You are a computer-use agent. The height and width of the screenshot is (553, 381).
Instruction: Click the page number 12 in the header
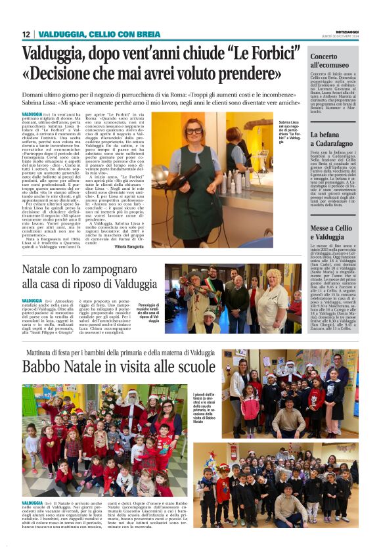coord(26,34)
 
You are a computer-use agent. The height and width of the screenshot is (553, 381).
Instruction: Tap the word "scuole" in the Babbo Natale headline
coord(185,366)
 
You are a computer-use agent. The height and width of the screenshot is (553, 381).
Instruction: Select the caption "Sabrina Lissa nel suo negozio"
coord(290,133)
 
